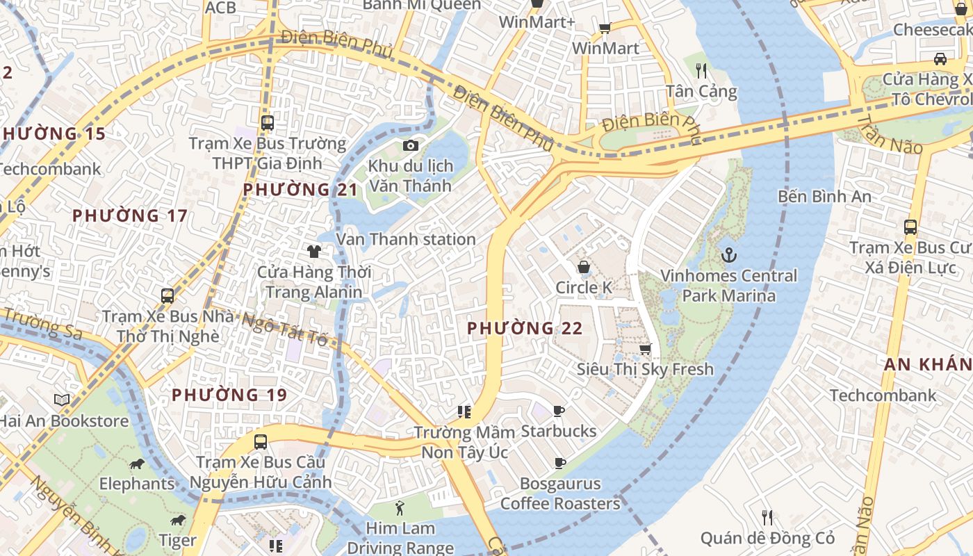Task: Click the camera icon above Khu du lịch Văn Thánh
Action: click(411, 145)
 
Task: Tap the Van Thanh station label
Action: click(406, 239)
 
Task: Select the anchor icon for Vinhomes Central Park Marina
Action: click(728, 255)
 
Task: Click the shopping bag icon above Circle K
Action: click(584, 267)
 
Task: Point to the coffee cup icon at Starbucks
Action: click(559, 411)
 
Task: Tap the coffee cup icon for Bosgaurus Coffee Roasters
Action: click(559, 463)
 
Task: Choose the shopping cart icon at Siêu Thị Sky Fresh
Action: click(645, 349)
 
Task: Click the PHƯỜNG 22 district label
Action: click(524, 328)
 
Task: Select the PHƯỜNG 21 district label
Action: click(300, 190)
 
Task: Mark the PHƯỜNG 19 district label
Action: click(229, 395)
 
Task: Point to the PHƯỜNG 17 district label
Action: click(130, 215)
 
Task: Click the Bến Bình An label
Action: click(824, 197)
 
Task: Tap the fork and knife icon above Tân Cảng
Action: click(701, 70)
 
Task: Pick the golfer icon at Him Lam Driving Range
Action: click(400, 508)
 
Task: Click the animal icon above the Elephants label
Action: click(137, 464)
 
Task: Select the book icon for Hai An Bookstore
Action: click(62, 400)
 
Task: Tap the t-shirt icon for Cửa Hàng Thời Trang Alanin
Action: click(314, 251)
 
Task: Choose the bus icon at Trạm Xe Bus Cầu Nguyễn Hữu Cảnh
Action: click(260, 441)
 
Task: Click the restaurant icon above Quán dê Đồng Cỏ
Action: click(767, 517)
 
